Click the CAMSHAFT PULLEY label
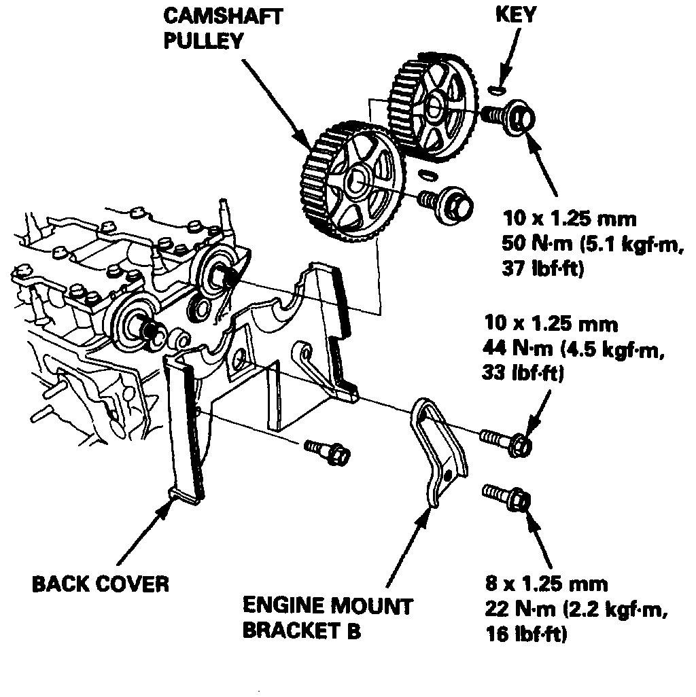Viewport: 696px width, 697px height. coord(223,26)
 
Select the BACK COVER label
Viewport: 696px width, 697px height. coord(101,584)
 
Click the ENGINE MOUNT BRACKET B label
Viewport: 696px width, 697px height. coord(328,617)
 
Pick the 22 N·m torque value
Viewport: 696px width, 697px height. coord(515,609)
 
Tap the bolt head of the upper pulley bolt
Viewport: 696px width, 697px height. coord(520,118)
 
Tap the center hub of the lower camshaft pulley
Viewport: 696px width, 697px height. coord(356,182)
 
